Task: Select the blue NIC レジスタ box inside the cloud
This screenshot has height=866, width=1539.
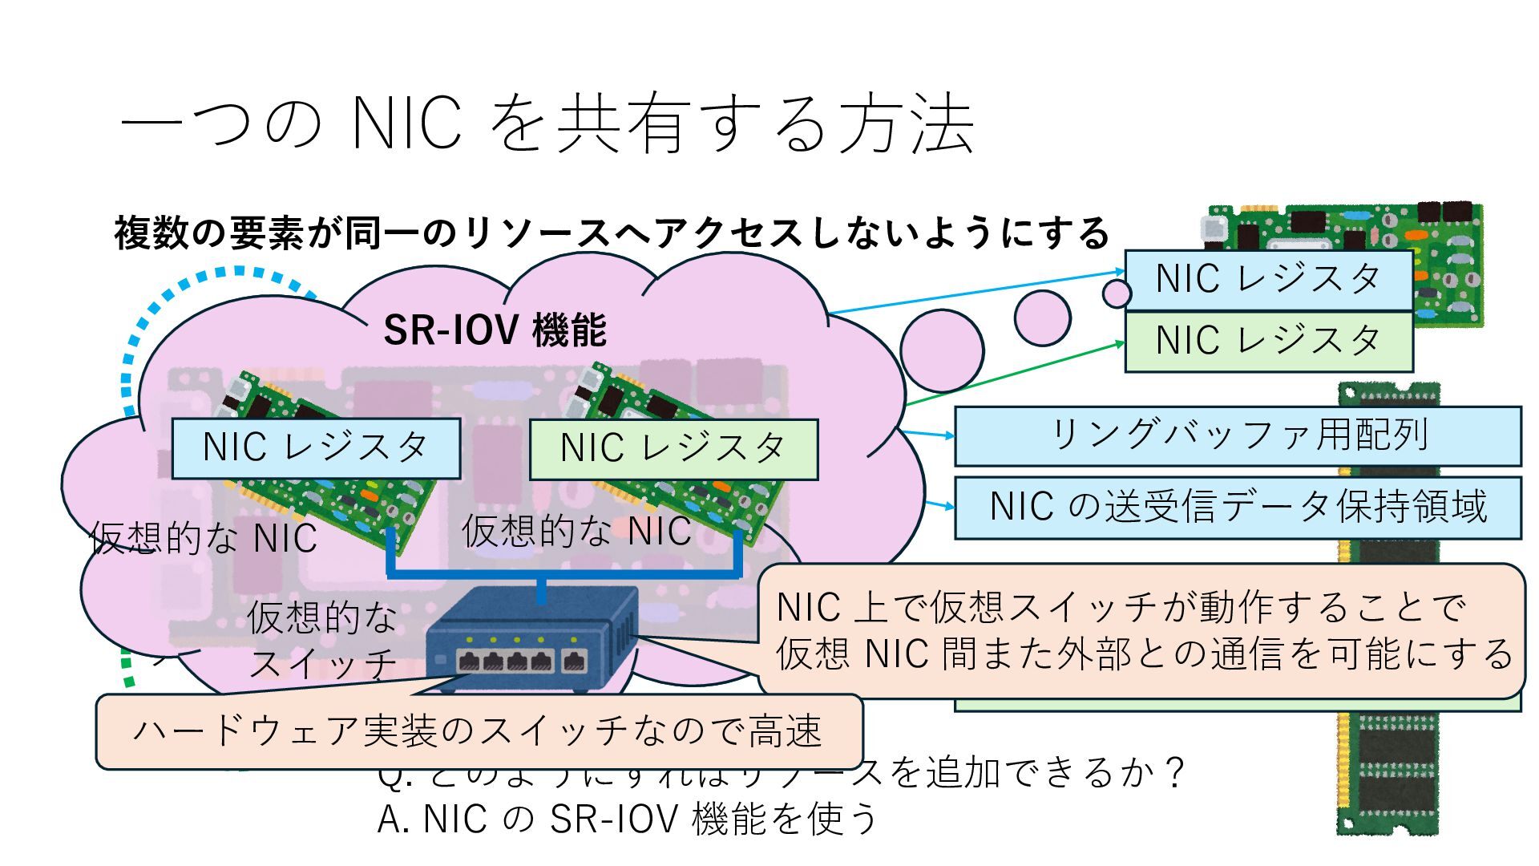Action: coord(316,447)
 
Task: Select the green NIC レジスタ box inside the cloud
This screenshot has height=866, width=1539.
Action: coord(673,448)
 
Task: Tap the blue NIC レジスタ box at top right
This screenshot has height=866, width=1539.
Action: coord(1268,279)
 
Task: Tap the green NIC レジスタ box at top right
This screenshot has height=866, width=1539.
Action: coord(1268,341)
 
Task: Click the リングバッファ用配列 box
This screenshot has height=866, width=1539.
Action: coord(1237,435)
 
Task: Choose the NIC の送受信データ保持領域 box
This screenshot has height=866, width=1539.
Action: coord(1237,507)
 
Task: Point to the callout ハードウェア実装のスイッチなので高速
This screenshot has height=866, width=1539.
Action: coord(479,730)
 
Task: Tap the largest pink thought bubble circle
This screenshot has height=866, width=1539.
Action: coord(941,350)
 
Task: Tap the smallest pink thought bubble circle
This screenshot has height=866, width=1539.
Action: coord(1116,293)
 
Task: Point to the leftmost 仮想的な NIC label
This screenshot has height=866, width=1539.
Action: coord(204,538)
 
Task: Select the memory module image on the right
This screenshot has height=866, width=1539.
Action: coord(1388,770)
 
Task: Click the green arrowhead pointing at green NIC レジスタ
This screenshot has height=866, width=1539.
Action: coord(1120,343)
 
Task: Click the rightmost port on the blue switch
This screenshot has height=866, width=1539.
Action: coord(574,662)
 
